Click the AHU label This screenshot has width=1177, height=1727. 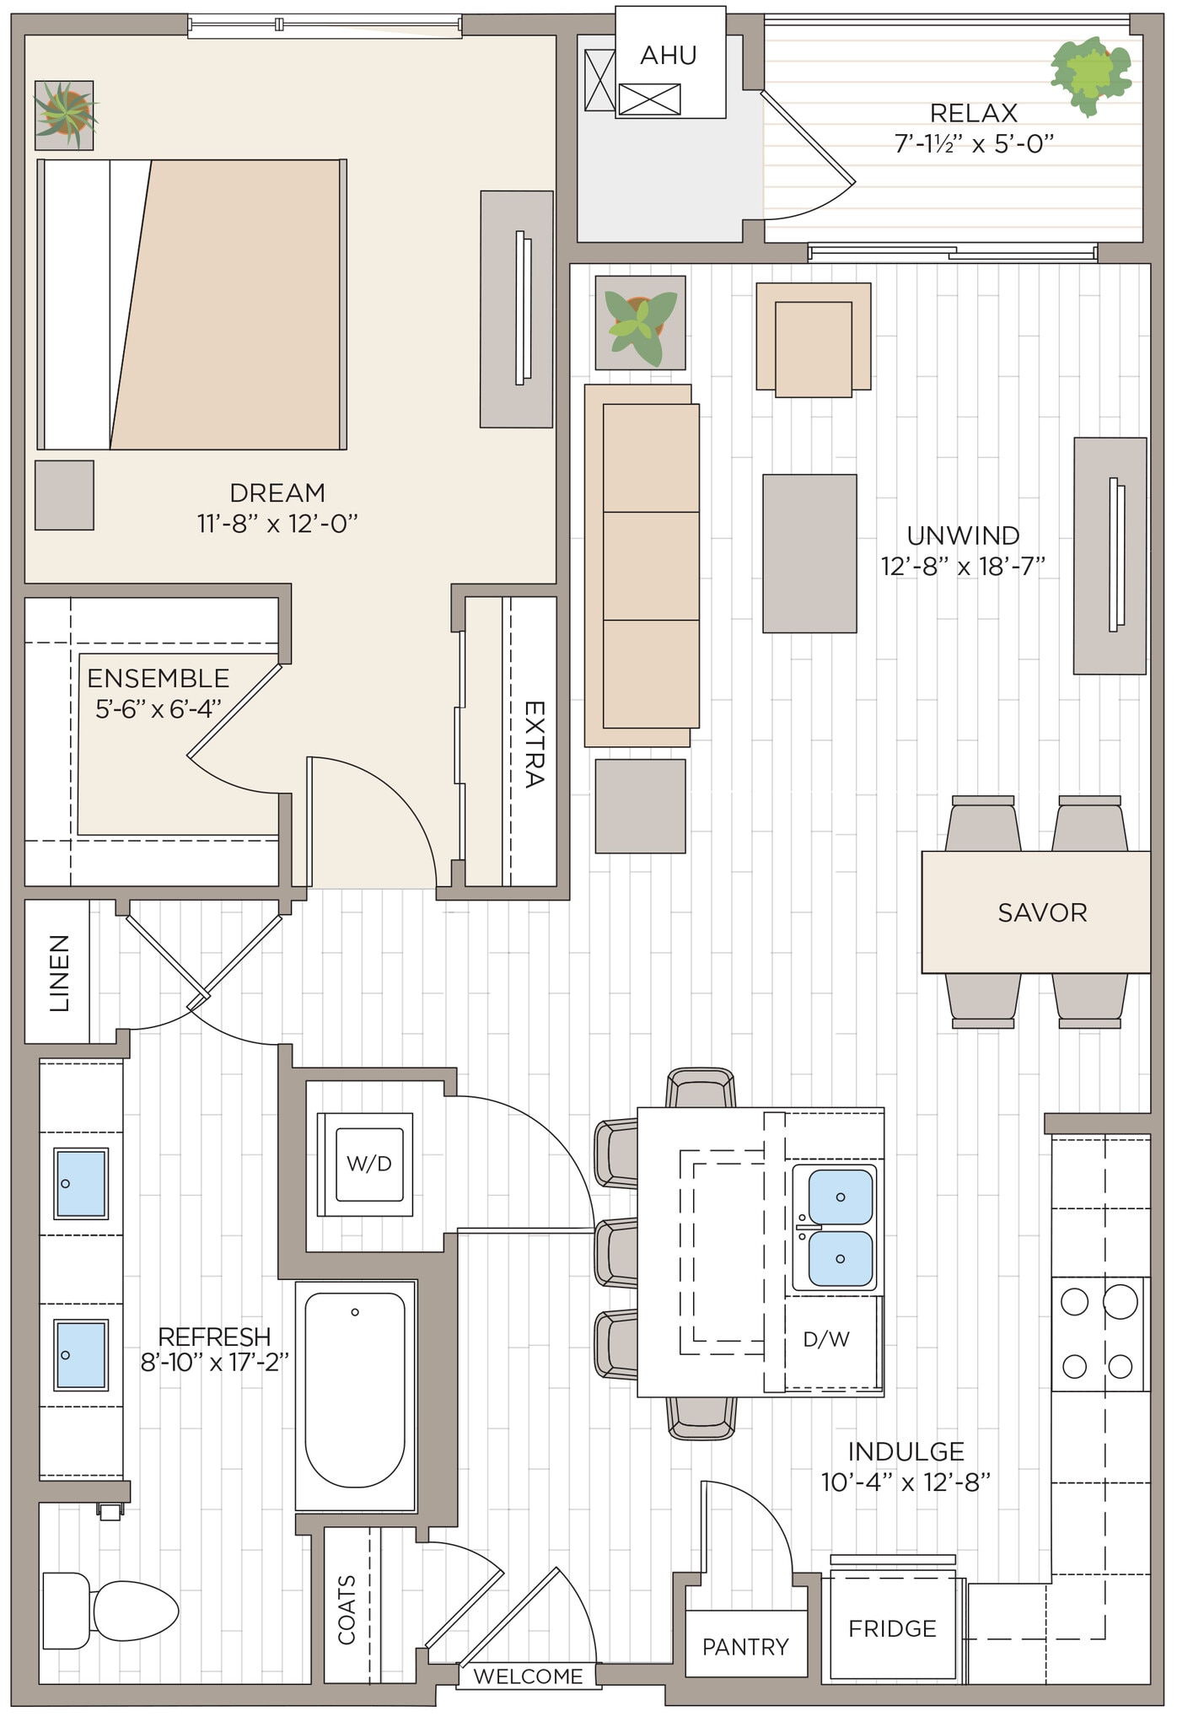point(668,56)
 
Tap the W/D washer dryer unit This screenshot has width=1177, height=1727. point(368,1164)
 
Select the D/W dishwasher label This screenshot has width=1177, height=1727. point(825,1338)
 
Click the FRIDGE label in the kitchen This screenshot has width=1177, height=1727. point(892,1628)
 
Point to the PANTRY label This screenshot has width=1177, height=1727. point(745,1646)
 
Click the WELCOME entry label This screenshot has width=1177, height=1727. point(528,1676)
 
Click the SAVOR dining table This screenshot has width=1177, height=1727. point(1041,912)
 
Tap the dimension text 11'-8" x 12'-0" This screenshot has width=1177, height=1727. point(277,525)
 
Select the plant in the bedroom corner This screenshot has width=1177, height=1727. point(64,115)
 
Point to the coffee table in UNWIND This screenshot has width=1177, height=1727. point(809,553)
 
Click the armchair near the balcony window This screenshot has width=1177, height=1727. point(813,347)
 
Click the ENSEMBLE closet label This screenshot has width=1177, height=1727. point(159,678)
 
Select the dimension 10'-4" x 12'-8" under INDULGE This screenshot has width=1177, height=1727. point(906,1482)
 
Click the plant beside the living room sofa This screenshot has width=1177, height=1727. point(640,323)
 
